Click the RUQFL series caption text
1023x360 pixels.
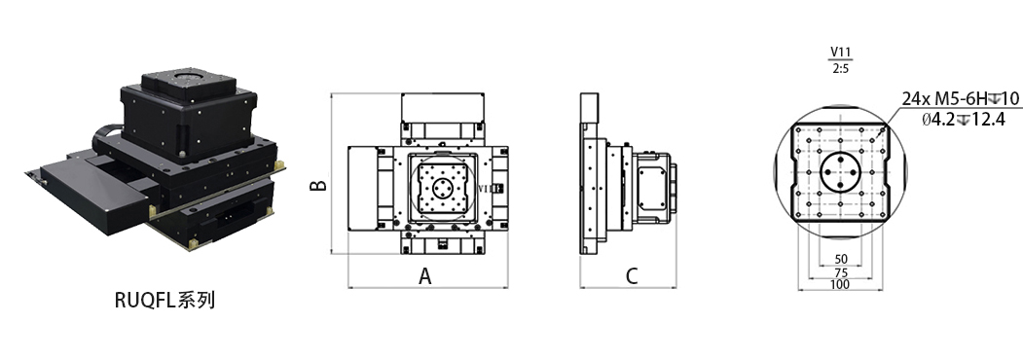(x=164, y=300)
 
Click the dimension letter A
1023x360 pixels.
(x=424, y=276)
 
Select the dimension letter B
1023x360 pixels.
(x=317, y=185)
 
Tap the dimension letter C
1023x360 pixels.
(x=631, y=276)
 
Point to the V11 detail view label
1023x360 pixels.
(x=841, y=53)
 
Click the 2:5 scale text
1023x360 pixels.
(x=840, y=68)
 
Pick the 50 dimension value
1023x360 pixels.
(x=841, y=260)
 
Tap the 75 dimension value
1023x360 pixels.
(x=841, y=272)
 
